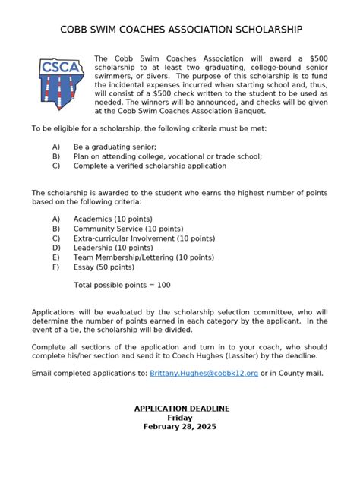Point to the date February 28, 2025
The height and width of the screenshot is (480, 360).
[180, 427]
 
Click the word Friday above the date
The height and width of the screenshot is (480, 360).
[180, 418]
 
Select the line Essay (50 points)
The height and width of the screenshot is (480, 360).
[103, 267]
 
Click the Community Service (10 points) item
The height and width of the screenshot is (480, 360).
[128, 228]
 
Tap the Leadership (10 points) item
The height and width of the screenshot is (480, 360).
[113, 247]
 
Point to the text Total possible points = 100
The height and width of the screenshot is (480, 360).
[122, 285]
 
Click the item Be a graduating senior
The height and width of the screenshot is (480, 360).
[114, 147]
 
